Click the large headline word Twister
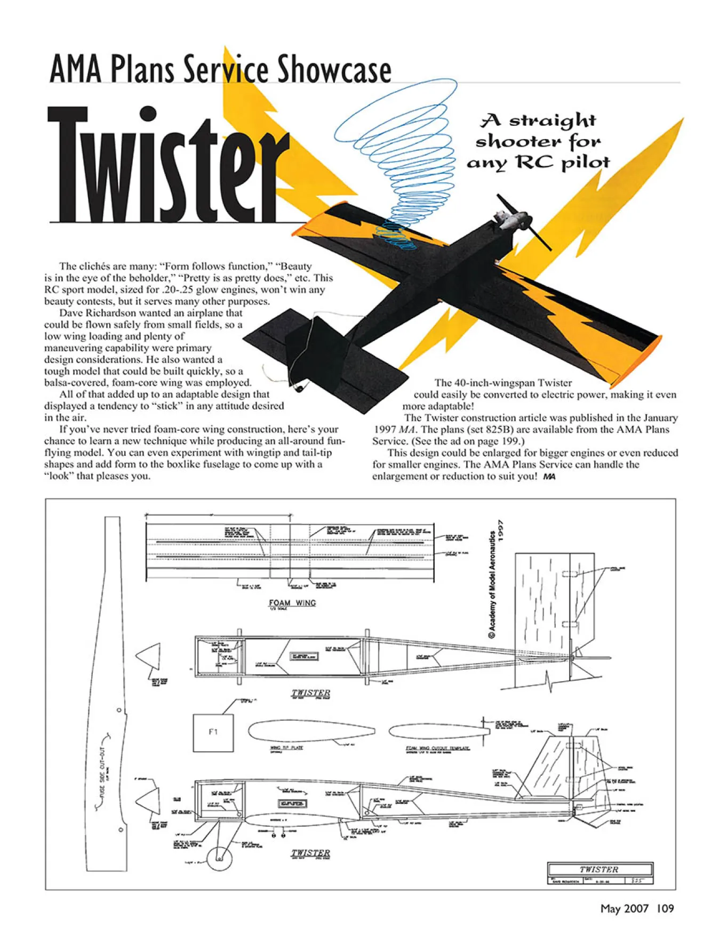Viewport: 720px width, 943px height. [168, 165]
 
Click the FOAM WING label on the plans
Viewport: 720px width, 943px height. [292, 602]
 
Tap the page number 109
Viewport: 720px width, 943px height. [665, 908]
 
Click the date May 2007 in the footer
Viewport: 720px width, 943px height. [624, 908]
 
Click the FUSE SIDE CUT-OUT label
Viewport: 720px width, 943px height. [103, 770]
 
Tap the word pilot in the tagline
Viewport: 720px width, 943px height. [587, 162]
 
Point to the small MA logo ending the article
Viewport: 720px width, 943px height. [549, 477]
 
